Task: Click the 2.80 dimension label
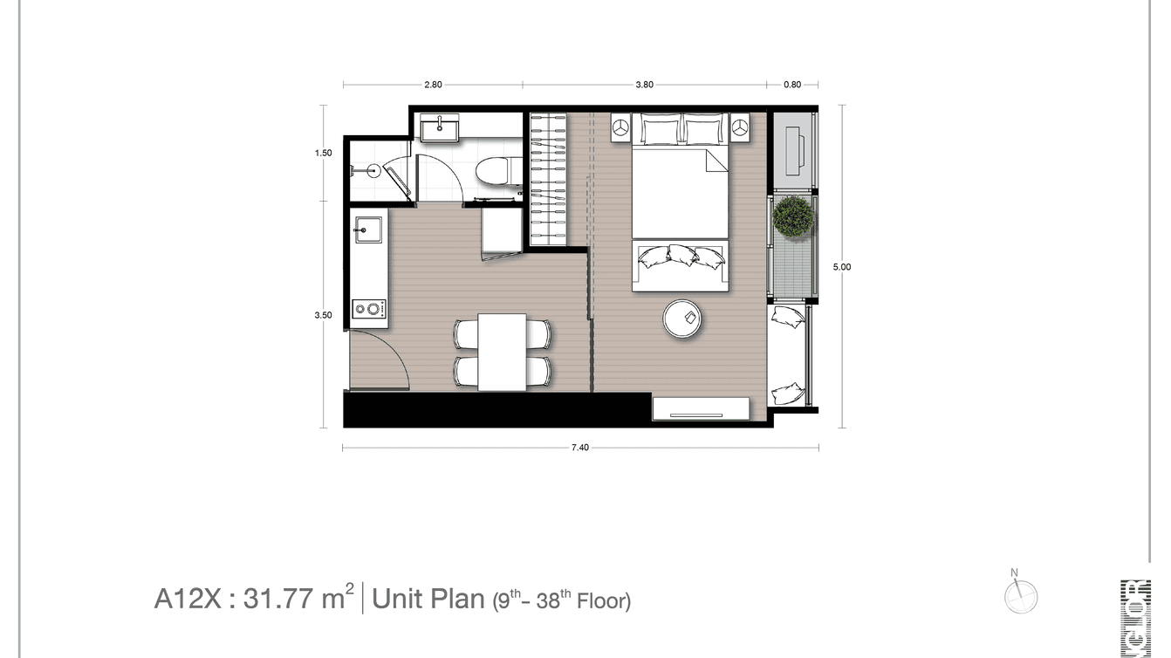coord(433,85)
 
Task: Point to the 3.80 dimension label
coord(644,85)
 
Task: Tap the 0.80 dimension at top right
coord(792,85)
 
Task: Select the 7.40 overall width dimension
coord(580,448)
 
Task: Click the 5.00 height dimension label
coord(841,268)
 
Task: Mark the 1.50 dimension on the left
coord(324,153)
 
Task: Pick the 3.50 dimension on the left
coord(324,316)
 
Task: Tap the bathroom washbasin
coord(438,129)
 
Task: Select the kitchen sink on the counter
coord(367,231)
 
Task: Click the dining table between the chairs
coord(502,352)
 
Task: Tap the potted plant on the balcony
coord(794,216)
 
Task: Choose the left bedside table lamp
coord(621,128)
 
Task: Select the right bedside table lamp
coord(740,128)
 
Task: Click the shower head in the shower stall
coord(373,171)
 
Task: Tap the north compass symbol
coord(1020,595)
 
